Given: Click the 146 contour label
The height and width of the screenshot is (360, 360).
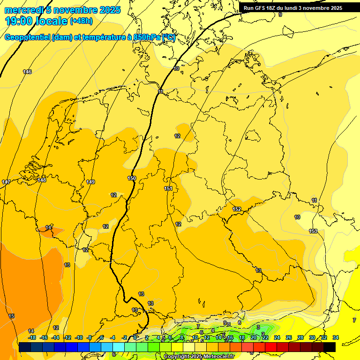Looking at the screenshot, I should (28, 72).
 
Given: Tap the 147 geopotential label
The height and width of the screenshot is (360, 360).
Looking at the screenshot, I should (6, 182).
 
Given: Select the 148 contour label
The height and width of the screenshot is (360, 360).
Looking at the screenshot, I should (42, 180).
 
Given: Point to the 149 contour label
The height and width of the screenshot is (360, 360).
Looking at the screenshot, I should (91, 182).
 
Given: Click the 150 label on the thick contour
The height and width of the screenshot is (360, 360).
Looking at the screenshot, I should (132, 178).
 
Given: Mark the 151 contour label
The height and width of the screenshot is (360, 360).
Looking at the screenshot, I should (168, 188).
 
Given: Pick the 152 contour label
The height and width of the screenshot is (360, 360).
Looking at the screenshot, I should (237, 209).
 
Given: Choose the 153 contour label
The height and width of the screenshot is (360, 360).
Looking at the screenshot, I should (313, 231).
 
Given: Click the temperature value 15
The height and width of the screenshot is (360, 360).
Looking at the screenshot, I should (12, 316).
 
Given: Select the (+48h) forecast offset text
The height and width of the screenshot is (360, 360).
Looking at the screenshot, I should (81, 21).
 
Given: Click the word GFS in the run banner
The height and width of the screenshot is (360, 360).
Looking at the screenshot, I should (262, 8).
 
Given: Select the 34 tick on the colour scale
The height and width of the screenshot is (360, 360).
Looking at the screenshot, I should (336, 337).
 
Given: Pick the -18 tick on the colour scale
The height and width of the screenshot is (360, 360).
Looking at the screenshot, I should (32, 337).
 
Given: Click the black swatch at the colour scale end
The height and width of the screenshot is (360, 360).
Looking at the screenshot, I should (330, 347).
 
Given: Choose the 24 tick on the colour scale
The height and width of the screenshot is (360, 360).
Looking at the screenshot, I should (277, 337).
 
